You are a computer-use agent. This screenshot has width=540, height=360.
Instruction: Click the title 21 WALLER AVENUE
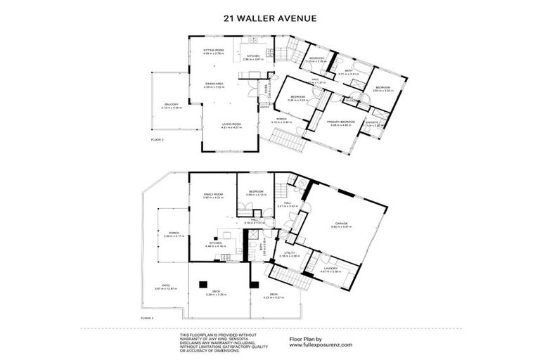[x=270, y=18]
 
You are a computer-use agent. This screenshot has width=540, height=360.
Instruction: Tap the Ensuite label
[x=372, y=122]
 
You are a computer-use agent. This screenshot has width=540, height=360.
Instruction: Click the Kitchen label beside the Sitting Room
[x=252, y=56]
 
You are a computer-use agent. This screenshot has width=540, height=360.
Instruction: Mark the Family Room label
[x=213, y=194]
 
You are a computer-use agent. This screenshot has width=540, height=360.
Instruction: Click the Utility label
[x=288, y=253]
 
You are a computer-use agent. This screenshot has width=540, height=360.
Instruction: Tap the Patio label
[x=162, y=286]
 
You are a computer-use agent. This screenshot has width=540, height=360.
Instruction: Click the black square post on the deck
[x=202, y=284]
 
